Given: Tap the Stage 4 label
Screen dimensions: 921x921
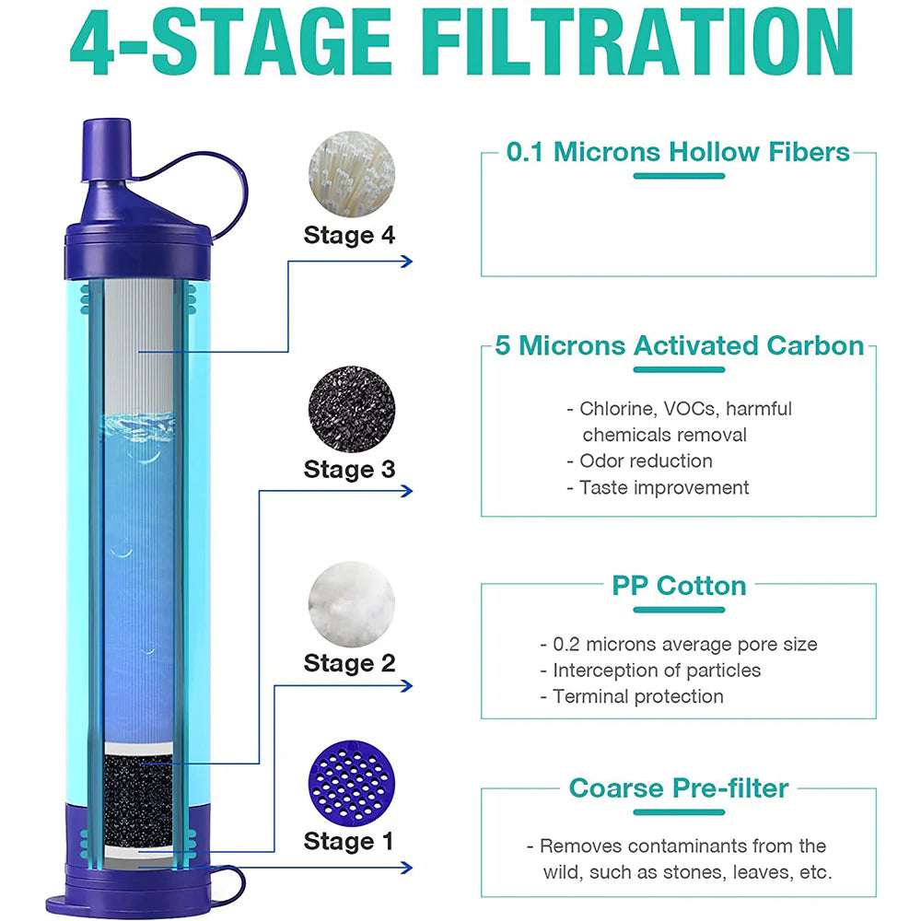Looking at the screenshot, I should click(x=349, y=235).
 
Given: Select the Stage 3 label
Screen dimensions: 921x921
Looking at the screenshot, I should click(x=349, y=469).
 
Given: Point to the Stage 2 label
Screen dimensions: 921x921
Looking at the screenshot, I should click(x=349, y=662).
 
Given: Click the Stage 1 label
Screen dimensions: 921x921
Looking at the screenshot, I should click(x=348, y=841).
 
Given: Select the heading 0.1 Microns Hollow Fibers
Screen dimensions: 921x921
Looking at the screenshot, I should click(x=678, y=152).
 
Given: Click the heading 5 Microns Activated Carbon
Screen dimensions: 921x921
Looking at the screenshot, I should click(x=680, y=345).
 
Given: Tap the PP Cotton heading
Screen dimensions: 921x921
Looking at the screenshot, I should click(x=679, y=586).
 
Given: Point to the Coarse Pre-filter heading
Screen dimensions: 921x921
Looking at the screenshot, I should click(x=679, y=788).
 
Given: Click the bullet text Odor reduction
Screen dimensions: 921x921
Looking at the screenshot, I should click(x=645, y=460).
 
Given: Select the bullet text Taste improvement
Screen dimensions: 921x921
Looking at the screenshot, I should click(x=663, y=487).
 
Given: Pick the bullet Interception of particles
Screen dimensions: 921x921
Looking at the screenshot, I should click(x=656, y=670).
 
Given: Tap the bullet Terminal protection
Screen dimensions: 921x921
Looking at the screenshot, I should click(x=637, y=696).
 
